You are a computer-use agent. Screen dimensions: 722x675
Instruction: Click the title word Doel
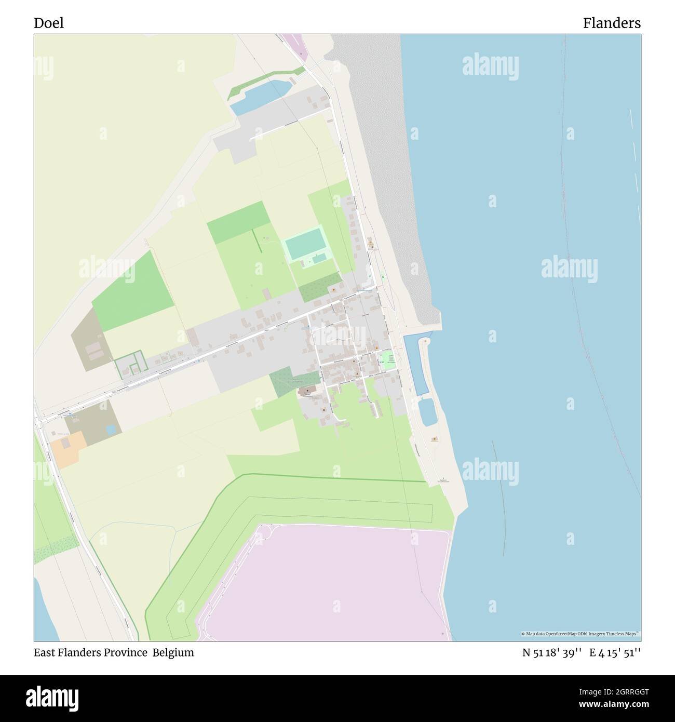(49, 23)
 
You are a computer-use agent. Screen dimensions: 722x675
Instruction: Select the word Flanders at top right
(611, 23)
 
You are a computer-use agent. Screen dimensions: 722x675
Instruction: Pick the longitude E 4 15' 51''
(615, 653)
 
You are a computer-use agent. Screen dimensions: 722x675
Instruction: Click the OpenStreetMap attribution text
(581, 634)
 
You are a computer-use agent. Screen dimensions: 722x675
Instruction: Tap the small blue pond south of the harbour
(428, 412)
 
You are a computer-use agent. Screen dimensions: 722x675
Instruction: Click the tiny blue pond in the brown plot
(111, 430)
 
